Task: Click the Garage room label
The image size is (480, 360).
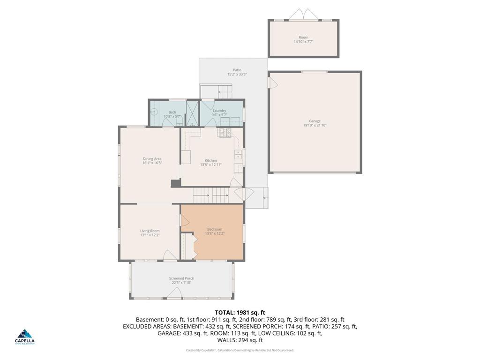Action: tap(315, 121)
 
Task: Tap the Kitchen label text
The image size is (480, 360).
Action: tap(210, 160)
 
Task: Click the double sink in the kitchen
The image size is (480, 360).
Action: tap(238, 155)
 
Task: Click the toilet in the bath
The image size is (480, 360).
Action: tap(179, 121)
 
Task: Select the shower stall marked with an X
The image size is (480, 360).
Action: tap(192, 113)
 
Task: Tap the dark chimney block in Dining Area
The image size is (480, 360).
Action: tap(175, 183)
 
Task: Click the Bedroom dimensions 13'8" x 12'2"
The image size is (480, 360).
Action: tap(215, 233)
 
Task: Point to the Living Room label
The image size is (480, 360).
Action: tap(150, 231)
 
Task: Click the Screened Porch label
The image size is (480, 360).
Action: tap(181, 278)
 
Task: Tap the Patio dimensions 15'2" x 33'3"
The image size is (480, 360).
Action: tap(237, 74)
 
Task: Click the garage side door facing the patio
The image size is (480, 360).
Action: tap(271, 82)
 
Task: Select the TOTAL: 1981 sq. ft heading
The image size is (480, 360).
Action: tap(240, 312)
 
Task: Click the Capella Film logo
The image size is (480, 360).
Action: tap(25, 337)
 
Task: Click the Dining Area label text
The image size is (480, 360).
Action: tap(152, 159)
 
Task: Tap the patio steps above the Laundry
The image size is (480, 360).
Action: tap(217, 91)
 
